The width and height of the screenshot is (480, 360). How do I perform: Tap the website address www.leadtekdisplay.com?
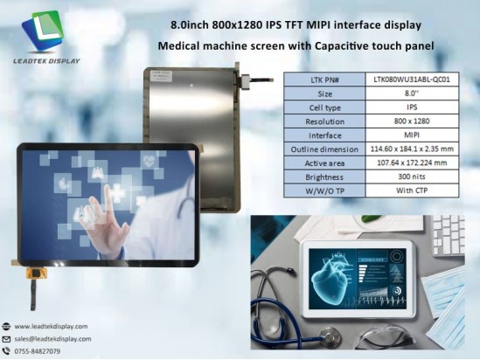52,325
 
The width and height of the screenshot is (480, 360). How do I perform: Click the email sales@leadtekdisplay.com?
52,338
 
